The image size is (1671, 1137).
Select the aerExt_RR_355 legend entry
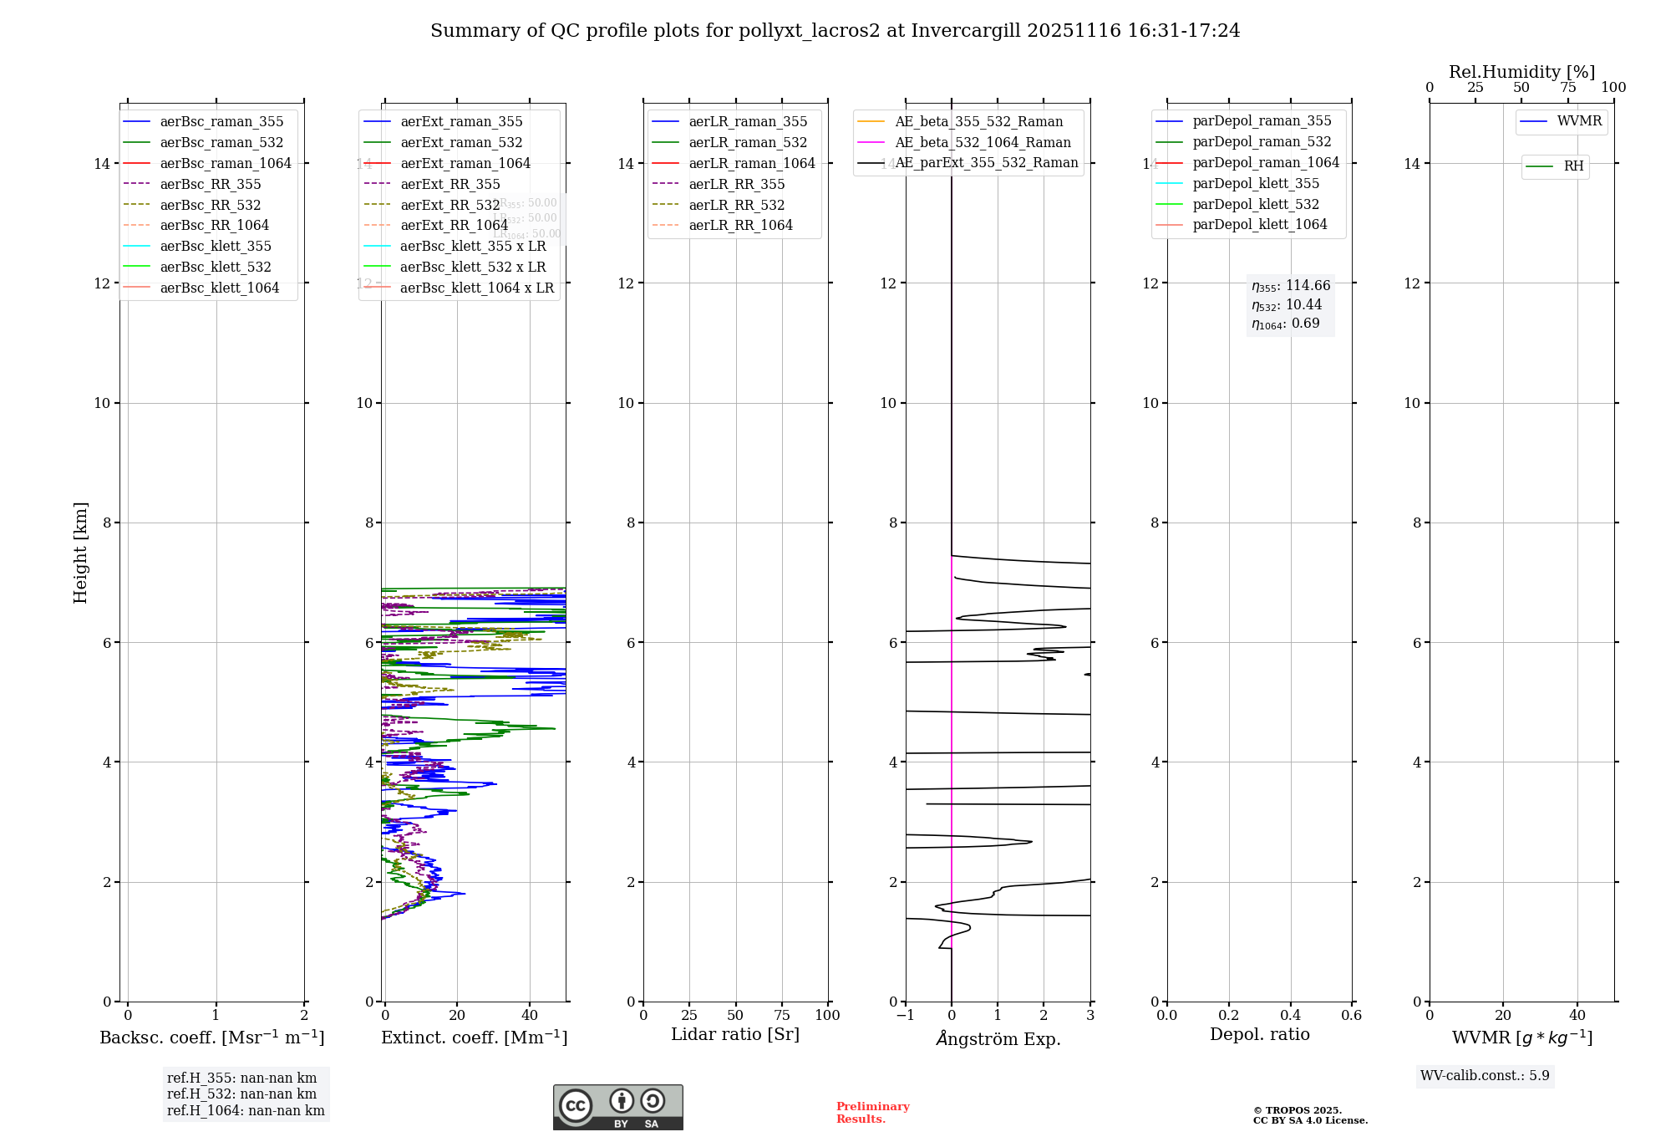click(x=450, y=184)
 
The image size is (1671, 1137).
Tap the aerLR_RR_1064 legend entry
click(x=740, y=225)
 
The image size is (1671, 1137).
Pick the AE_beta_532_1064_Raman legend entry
click(x=983, y=142)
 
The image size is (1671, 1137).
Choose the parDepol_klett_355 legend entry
click(x=1256, y=183)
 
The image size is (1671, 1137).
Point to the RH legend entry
click(x=1573, y=166)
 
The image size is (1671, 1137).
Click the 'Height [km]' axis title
click(x=80, y=552)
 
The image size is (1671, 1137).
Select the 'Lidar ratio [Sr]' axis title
click(x=735, y=1034)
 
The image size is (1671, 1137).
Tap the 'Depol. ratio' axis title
click(x=1259, y=1034)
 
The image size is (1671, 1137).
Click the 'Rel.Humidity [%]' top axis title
click(x=1521, y=72)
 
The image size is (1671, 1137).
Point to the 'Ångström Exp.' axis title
click(x=998, y=1038)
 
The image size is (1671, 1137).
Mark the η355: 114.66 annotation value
click(x=1291, y=286)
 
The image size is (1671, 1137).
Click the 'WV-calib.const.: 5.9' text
click(x=1485, y=1075)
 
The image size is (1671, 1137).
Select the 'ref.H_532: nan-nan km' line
click(x=241, y=1094)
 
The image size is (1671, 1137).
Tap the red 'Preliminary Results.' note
click(x=872, y=1112)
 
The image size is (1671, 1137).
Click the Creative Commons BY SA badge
click(x=617, y=1107)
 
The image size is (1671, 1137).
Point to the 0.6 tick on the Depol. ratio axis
click(x=1351, y=1015)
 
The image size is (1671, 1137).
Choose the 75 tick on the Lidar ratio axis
click(x=782, y=1015)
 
